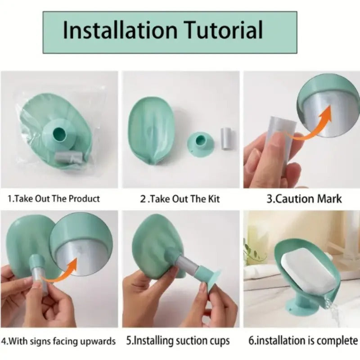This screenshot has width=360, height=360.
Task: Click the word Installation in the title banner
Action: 120,30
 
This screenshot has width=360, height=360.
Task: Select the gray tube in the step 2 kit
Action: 225,139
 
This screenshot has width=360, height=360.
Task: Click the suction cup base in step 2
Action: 200,144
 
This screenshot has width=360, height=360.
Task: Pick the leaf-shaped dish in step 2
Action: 151,130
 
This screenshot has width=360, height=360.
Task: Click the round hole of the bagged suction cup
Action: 59,134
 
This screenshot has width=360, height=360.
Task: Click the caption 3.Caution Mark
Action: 304,199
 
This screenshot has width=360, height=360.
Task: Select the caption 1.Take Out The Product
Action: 54,199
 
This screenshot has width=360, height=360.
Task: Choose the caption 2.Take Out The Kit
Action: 180,199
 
